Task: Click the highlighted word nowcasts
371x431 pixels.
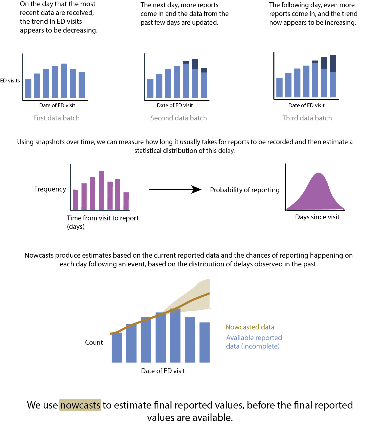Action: pyautogui.click(x=80, y=405)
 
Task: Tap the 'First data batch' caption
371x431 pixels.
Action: pyautogui.click(x=56, y=118)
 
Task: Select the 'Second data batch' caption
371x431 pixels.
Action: pyautogui.click(x=179, y=118)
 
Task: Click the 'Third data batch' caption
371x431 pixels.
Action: pyautogui.click(x=307, y=118)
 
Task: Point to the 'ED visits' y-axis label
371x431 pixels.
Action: pyautogui.click(x=10, y=81)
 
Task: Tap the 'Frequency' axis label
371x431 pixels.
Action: pyautogui.click(x=50, y=189)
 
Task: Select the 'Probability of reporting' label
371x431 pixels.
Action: pyautogui.click(x=245, y=190)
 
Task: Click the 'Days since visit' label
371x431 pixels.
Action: pyautogui.click(x=317, y=217)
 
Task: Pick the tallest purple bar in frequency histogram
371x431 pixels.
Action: pyautogui.click(x=101, y=190)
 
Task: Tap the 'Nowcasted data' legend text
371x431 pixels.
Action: pyautogui.click(x=250, y=327)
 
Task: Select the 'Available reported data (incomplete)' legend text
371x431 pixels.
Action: pyautogui.click(x=254, y=342)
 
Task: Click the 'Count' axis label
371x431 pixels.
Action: pyautogui.click(x=94, y=342)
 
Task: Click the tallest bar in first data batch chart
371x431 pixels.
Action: pyautogui.click(x=64, y=81)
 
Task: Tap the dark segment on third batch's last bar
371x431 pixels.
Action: pyautogui.click(x=333, y=63)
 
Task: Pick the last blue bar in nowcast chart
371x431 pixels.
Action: pyautogui.click(x=204, y=342)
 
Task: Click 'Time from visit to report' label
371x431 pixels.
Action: pyautogui.click(x=103, y=218)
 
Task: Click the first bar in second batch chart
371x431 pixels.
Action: pyautogui.click(x=150, y=88)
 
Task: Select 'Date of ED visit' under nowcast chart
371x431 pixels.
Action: pyautogui.click(x=163, y=371)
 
